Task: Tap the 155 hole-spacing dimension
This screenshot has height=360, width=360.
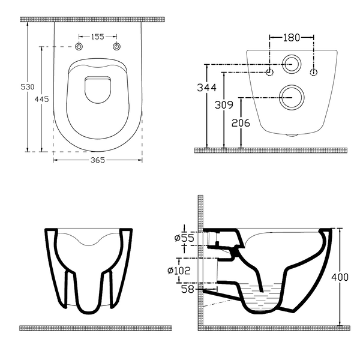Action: (98, 37)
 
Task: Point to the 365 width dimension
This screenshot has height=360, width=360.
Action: (98, 160)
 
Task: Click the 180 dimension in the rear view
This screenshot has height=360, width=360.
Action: (292, 38)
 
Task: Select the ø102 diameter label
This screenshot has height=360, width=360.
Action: (180, 271)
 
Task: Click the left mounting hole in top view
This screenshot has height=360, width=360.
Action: (80, 47)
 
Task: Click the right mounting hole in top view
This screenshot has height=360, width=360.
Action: (117, 47)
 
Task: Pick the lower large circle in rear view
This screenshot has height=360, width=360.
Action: (292, 95)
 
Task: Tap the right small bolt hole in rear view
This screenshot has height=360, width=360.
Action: (313, 73)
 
